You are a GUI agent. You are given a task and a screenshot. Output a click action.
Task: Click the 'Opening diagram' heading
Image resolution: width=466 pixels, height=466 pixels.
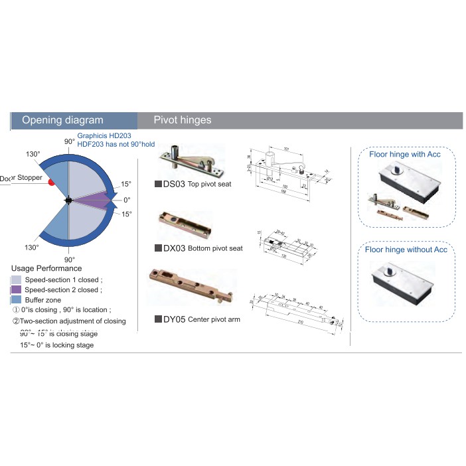point(62,120)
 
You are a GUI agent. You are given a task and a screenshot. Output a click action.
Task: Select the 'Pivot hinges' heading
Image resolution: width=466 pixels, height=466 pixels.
point(183,120)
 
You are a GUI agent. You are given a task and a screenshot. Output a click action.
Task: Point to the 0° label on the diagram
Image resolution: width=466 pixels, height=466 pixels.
point(127,199)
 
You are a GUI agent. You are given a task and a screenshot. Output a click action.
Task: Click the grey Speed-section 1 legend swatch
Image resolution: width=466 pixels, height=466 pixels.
point(17,280)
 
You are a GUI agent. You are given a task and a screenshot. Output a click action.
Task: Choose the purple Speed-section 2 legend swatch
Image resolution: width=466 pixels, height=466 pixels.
point(17,290)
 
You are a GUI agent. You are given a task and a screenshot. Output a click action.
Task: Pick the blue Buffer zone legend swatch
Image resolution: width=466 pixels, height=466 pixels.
point(17,300)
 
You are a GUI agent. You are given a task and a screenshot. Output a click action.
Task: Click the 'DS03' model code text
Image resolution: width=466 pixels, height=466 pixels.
point(174,184)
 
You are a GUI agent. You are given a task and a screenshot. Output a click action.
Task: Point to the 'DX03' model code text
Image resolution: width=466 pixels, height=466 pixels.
point(174,248)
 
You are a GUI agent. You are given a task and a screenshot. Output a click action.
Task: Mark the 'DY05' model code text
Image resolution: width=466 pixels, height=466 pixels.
point(174,319)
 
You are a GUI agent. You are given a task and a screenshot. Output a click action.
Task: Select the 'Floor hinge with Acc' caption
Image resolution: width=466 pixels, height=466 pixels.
point(405,154)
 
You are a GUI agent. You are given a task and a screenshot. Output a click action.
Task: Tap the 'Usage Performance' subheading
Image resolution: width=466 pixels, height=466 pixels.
point(46,268)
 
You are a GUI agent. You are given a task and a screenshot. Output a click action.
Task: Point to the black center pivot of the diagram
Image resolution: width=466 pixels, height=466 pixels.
point(68,200)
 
